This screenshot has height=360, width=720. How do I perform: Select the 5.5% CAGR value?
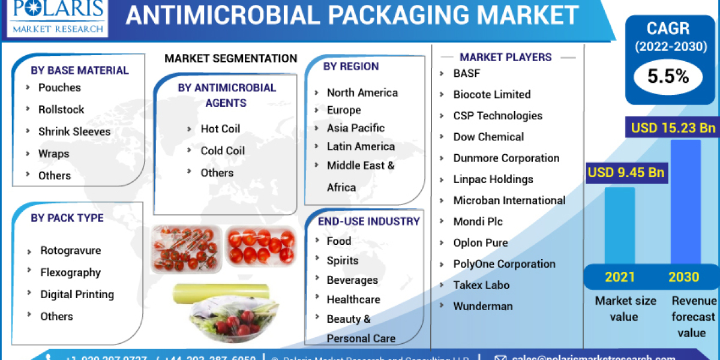[667, 76]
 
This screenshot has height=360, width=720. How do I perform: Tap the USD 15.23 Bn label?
[673, 128]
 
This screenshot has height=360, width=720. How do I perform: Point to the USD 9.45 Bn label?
[626, 173]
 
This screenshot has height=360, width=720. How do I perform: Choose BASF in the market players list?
[467, 73]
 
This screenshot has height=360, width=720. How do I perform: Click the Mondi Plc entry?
[478, 221]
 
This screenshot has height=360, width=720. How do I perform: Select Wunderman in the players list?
[483, 306]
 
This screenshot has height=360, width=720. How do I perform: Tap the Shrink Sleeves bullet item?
[74, 131]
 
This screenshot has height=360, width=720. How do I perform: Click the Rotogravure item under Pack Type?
[70, 250]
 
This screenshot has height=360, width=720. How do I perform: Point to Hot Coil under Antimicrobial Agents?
[220, 128]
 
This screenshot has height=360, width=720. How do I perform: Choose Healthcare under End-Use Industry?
[352, 299]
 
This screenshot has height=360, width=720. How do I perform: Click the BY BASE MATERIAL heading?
[80, 70]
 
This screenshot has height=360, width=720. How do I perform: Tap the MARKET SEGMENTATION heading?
[230, 58]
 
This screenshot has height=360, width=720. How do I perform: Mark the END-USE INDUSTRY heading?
[368, 221]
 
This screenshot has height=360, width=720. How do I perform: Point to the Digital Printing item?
[77, 294]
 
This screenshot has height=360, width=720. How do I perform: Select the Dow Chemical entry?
[488, 137]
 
